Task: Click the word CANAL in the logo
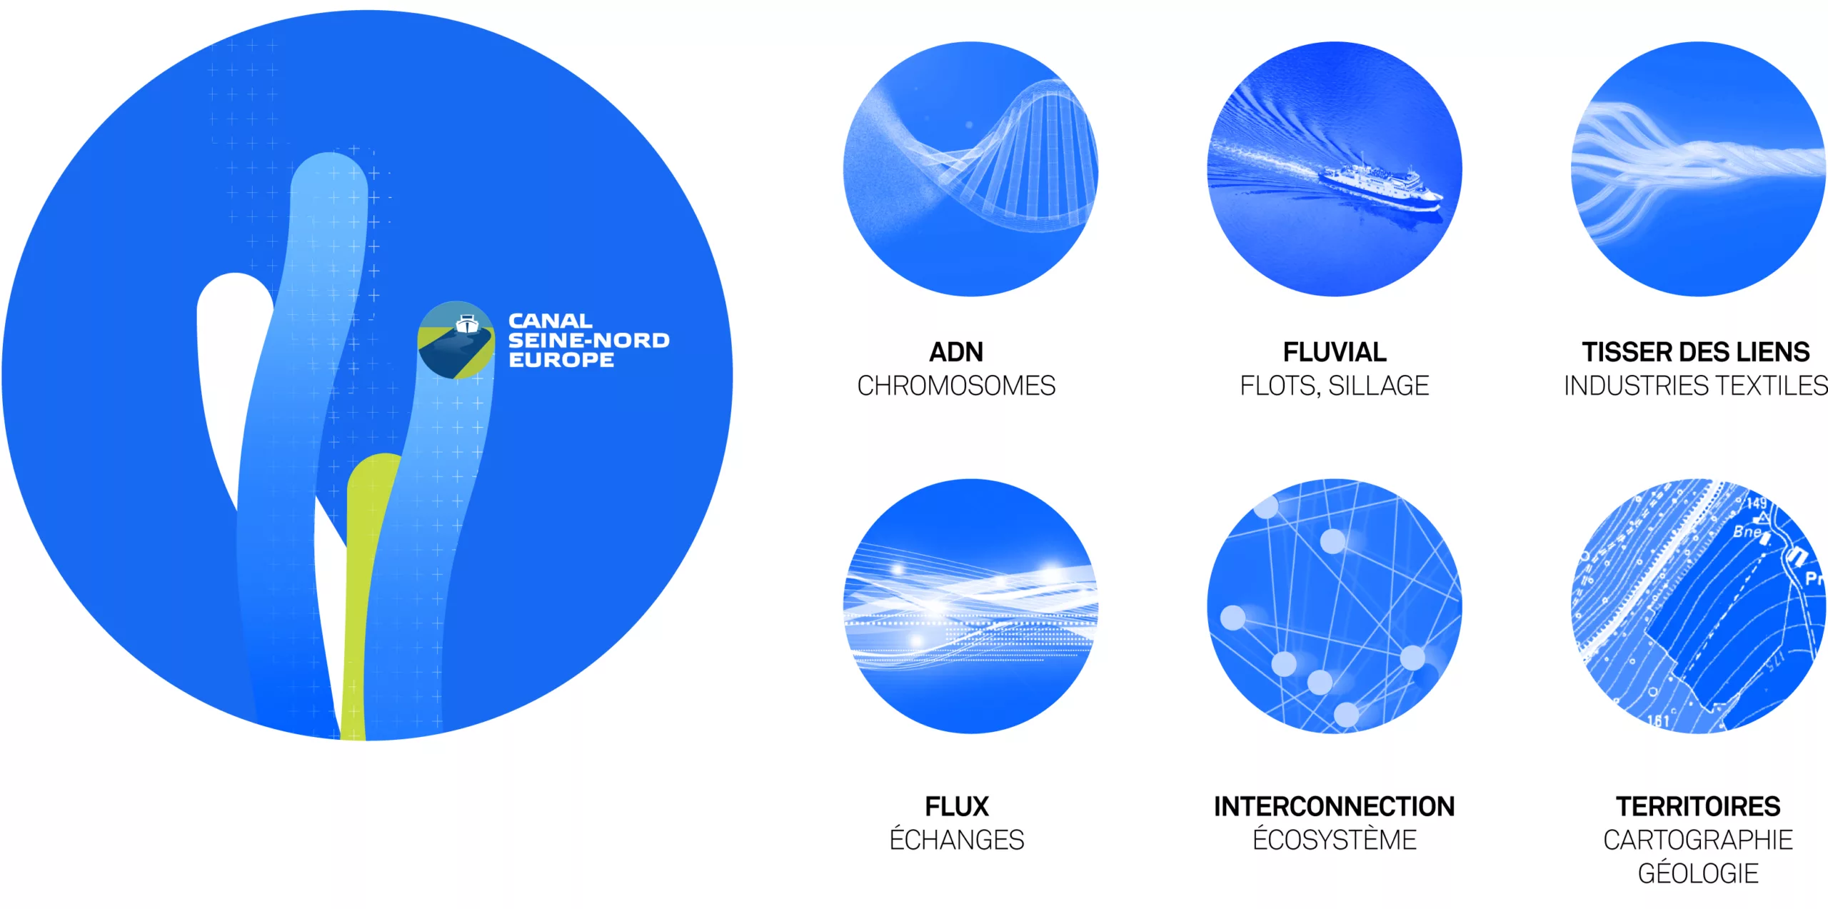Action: click(550, 321)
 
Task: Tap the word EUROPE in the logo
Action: click(561, 359)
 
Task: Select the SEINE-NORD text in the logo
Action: click(589, 340)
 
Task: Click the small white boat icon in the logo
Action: click(467, 323)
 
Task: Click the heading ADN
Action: click(956, 352)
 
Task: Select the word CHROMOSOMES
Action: click(956, 386)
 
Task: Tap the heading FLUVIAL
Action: click(1335, 352)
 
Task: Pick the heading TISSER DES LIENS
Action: click(1696, 352)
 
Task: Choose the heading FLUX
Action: click(957, 806)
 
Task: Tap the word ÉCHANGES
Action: click(957, 839)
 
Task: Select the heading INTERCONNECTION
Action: click(1335, 806)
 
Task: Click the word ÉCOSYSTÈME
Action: click(1335, 839)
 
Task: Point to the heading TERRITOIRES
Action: click(1698, 806)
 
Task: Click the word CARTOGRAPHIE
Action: click(1698, 840)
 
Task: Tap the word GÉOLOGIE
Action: click(1698, 873)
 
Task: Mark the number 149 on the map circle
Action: click(1757, 503)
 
